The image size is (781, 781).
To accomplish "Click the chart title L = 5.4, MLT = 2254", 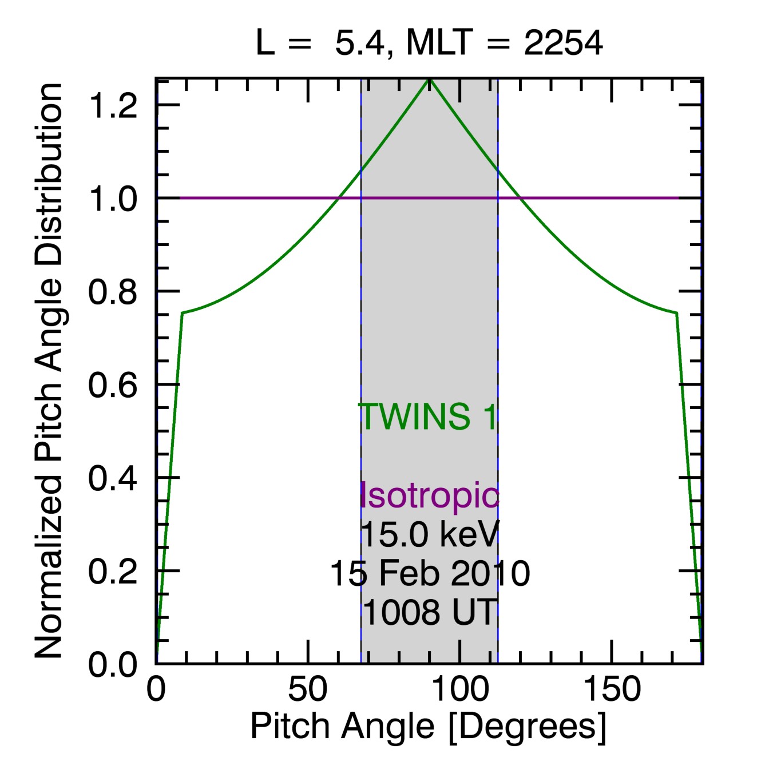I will [x=429, y=43].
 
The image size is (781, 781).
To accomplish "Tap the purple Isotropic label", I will [x=429, y=495].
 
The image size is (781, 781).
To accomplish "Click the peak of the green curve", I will [x=430, y=80].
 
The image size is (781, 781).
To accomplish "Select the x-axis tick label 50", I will [x=308, y=689].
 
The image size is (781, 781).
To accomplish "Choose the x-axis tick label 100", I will [x=460, y=689].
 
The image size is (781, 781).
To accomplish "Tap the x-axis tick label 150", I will [x=612, y=689].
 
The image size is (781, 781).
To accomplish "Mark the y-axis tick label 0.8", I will [x=113, y=292].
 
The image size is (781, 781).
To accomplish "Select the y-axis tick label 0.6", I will [x=113, y=385].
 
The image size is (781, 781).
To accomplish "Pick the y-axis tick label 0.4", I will [x=113, y=478].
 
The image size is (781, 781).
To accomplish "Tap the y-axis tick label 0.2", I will [x=113, y=572].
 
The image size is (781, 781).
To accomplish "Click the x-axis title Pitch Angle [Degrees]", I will [x=428, y=727].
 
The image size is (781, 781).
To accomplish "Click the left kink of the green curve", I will [x=183, y=312].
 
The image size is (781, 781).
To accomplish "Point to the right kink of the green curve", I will [x=677, y=312].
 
